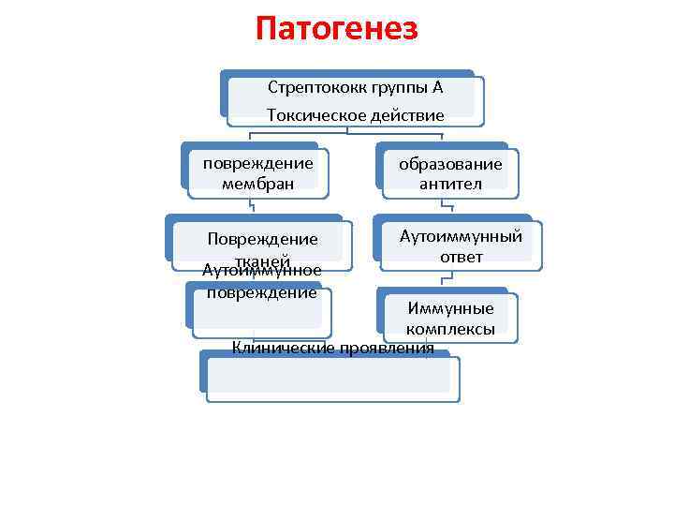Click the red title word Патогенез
(x=337, y=29)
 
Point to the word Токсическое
(x=314, y=115)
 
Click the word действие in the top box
(x=404, y=115)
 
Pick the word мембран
(x=257, y=184)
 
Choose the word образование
(x=450, y=164)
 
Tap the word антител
(x=450, y=185)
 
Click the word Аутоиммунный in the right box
(x=461, y=235)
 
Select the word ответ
(x=460, y=255)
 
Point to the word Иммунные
(x=450, y=308)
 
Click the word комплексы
(x=450, y=329)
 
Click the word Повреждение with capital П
(x=262, y=239)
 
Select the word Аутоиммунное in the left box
(x=262, y=271)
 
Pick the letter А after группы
(x=437, y=88)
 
